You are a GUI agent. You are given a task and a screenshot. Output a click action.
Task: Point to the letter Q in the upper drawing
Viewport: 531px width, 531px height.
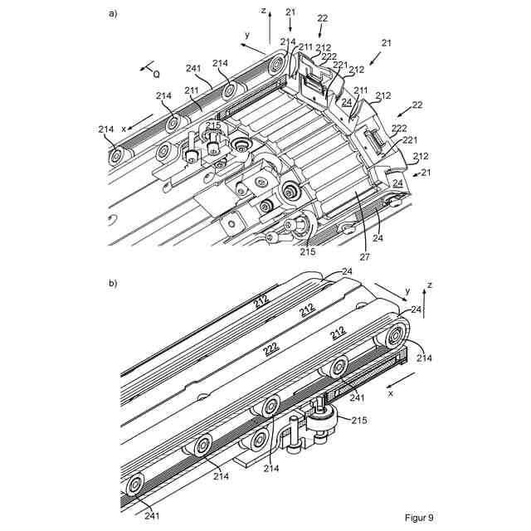point(156,72)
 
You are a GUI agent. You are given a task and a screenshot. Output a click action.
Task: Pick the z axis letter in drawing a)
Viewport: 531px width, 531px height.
point(263,12)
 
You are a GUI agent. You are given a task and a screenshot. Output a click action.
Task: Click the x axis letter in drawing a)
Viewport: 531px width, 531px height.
point(124,129)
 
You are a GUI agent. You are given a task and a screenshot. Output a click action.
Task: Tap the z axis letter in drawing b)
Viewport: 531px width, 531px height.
point(429,284)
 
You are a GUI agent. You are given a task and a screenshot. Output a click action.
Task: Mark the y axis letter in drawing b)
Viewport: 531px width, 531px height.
point(407,292)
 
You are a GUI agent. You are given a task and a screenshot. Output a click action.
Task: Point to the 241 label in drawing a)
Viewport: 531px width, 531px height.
point(193,69)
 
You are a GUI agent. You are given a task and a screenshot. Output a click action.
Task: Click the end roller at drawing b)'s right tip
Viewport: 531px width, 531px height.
point(394,337)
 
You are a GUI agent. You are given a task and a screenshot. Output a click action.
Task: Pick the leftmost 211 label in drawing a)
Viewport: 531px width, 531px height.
point(192,90)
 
